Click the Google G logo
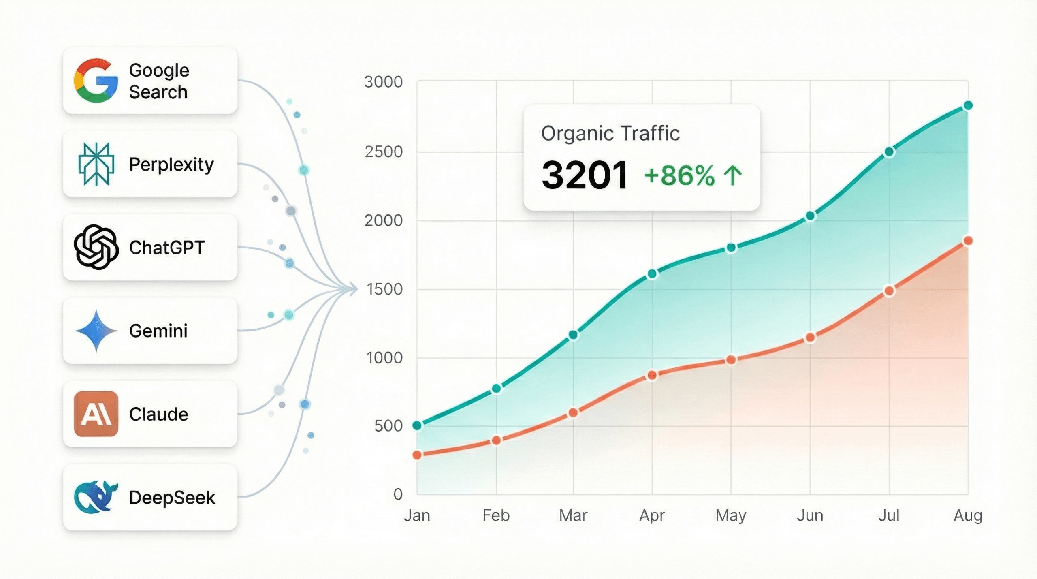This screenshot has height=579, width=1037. [96, 81]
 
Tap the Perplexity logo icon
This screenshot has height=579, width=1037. [96, 164]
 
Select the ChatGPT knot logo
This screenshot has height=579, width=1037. [96, 247]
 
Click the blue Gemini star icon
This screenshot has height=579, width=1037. [96, 331]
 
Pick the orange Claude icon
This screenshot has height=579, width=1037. [96, 414]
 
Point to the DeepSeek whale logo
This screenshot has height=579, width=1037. [96, 497]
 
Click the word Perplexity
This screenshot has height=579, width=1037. [171, 165]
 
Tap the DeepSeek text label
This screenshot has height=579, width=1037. [172, 498]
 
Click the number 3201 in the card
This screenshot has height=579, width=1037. [585, 175]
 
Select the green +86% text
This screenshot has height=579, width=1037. [679, 176]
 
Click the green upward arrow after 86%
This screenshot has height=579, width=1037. [733, 176]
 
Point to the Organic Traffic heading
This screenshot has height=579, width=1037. [610, 133]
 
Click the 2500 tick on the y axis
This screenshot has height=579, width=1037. [383, 152]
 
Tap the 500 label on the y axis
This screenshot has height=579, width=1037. [388, 426]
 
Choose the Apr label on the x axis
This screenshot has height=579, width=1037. [652, 515]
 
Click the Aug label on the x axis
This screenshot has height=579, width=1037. [968, 515]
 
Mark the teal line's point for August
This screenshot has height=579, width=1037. [968, 106]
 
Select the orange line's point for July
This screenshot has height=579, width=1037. [889, 291]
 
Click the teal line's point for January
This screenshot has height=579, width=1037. [417, 425]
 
